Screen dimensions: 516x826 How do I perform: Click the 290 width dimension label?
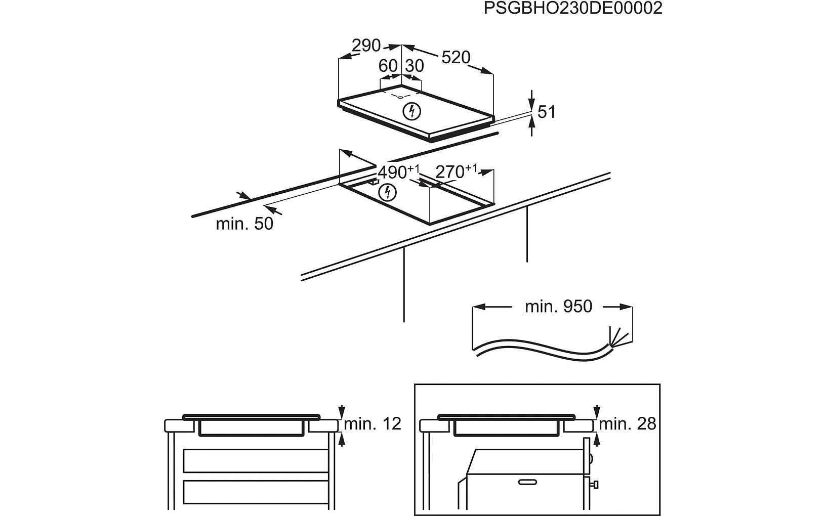click(x=366, y=46)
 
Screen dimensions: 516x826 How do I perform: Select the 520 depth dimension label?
click(x=456, y=57)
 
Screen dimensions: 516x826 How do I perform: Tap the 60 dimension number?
click(x=388, y=66)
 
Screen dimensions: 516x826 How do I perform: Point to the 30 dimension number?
click(x=414, y=66)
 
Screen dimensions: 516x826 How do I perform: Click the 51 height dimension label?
click(x=546, y=112)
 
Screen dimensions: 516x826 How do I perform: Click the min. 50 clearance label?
click(x=244, y=223)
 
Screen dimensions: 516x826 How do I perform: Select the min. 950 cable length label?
click(x=558, y=306)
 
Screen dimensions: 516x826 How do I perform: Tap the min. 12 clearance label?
click(x=373, y=423)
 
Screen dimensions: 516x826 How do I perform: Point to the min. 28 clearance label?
click(x=628, y=423)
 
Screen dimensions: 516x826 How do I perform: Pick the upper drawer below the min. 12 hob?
click(x=256, y=460)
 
